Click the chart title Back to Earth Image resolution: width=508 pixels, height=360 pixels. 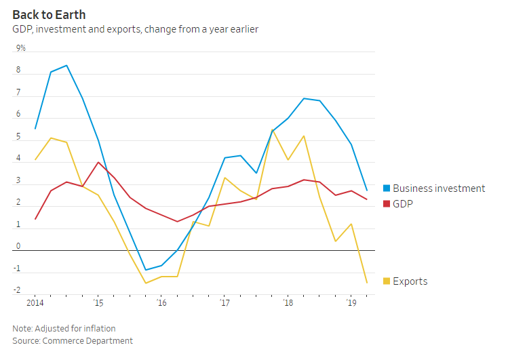tap(49, 14)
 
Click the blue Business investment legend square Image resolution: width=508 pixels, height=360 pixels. tap(387, 188)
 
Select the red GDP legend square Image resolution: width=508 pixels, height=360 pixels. tap(387, 203)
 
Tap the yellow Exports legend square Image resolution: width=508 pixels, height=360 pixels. tap(387, 281)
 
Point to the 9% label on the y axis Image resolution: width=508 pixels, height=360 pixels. tap(21, 48)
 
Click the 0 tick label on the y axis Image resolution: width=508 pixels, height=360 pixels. tap(18, 247)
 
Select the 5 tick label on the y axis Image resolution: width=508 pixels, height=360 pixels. tap(18, 137)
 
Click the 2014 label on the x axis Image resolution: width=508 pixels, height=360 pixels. tap(35, 303)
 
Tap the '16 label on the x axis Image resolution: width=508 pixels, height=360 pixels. tap(161, 303)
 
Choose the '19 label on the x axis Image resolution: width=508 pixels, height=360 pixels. tap(351, 303)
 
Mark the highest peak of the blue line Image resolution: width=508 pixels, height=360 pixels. tap(66, 66)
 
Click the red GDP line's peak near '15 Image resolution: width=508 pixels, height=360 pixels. tap(98, 162)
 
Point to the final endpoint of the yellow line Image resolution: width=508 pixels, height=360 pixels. tap(367, 283)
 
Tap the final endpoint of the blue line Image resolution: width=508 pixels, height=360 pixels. tap(367, 191)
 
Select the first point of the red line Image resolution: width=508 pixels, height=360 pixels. tap(35, 219)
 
